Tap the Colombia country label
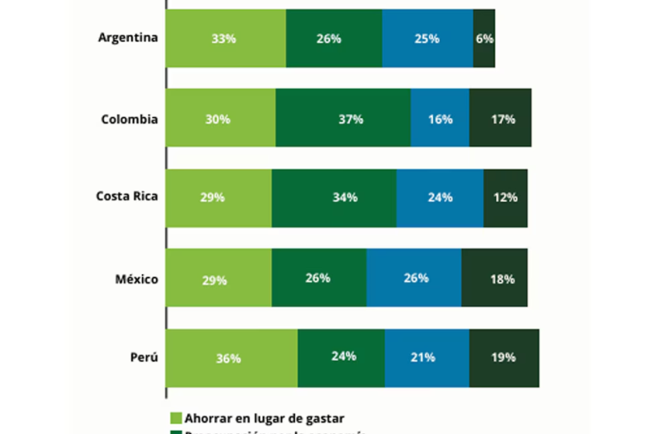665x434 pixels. [x=129, y=119]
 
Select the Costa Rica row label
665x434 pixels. [x=126, y=198]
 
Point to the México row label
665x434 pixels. [x=136, y=279]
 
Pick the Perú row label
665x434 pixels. [x=143, y=358]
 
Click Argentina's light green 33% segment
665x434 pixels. [x=225, y=38]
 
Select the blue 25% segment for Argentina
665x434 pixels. [x=427, y=38]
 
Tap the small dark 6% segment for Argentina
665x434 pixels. [x=484, y=38]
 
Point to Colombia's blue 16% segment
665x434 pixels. [x=440, y=119]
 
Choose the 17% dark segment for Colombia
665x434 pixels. [x=500, y=119]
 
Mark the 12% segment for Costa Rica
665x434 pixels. [x=505, y=198]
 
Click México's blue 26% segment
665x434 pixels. [x=414, y=278]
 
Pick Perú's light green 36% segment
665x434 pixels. [x=231, y=358]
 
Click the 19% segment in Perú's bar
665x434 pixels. [x=504, y=358]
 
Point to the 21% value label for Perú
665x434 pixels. [x=422, y=357]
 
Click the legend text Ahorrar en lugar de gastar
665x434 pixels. [x=264, y=418]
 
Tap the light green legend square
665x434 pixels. [x=175, y=418]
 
